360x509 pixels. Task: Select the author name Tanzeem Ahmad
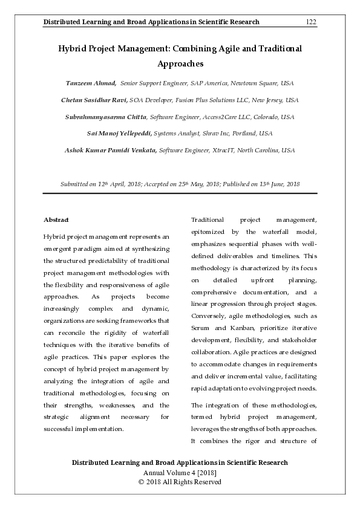pos(91,82)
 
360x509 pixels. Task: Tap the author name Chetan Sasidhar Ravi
pos(90,100)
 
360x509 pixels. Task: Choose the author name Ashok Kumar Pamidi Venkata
pos(111,150)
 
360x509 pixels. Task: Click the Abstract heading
pos(56,219)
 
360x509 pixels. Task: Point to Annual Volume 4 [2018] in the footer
pos(180,472)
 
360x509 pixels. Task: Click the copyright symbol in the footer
pos(142,482)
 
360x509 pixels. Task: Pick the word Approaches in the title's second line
pos(180,63)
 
